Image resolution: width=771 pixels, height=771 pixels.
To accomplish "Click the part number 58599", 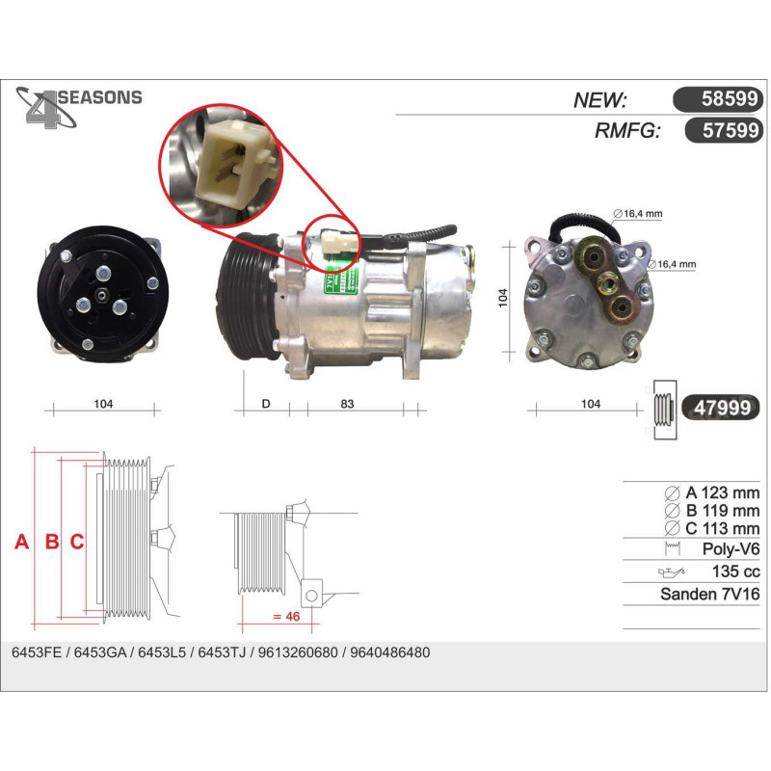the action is (x=730, y=99).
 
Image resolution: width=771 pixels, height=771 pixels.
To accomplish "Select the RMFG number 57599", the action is (x=731, y=130).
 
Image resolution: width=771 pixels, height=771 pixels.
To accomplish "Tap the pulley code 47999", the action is (x=722, y=408).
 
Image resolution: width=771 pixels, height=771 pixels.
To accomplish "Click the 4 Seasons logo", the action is (x=79, y=107).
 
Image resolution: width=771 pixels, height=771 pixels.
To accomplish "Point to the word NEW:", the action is (x=599, y=100).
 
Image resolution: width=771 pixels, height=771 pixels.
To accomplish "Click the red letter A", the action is (x=21, y=542).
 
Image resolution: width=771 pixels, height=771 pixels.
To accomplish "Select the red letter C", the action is (x=77, y=542).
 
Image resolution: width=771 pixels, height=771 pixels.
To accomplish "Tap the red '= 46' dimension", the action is (x=285, y=616).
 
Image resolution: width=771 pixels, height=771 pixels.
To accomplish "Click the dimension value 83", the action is (x=347, y=404).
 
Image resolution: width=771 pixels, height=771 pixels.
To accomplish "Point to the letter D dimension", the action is (x=266, y=404).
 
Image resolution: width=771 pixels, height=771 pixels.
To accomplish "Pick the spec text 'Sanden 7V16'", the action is (x=710, y=594).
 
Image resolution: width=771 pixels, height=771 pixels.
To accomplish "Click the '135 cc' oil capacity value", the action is (x=735, y=572).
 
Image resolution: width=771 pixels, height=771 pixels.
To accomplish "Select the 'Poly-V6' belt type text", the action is (x=731, y=548).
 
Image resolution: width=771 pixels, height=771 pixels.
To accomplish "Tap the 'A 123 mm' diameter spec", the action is (x=722, y=492).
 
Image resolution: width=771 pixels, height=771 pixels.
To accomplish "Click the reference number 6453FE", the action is (x=37, y=652).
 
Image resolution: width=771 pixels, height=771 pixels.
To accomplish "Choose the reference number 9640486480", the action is (x=390, y=652).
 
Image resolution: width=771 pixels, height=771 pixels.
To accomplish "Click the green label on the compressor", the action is (x=340, y=281).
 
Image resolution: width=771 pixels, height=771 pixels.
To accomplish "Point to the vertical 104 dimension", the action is (x=502, y=298).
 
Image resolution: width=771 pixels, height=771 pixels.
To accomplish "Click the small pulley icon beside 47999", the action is (x=665, y=409).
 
